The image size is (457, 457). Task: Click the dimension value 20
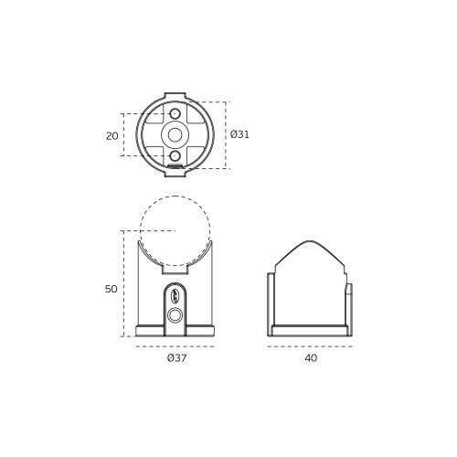[112, 136]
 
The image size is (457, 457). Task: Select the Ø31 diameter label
[239, 134]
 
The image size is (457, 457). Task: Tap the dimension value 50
[111, 289]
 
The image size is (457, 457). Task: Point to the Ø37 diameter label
[176, 358]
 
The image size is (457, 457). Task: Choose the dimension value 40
[311, 358]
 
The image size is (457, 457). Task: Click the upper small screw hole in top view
[175, 114]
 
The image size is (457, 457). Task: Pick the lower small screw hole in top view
[175, 156]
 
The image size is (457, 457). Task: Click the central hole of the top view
[175, 135]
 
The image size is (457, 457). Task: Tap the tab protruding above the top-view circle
[175, 96]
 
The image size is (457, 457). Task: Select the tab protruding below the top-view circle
[175, 174]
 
